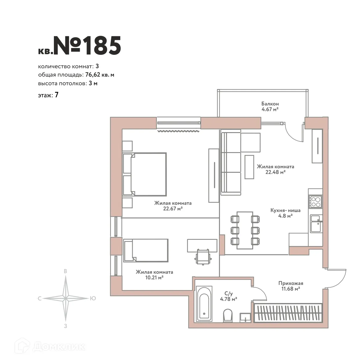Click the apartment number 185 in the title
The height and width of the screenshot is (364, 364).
(101, 46)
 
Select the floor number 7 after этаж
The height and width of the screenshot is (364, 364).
(56, 95)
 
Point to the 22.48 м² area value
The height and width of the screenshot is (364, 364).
(275, 172)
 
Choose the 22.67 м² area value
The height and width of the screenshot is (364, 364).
(173, 208)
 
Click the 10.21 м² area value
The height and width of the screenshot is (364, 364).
(154, 277)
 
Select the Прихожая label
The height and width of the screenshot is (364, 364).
(291, 283)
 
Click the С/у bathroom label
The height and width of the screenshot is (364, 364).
(228, 293)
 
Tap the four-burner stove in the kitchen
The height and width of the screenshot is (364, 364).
(315, 201)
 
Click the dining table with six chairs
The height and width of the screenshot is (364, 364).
(245, 230)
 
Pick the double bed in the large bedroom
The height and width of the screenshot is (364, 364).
(144, 174)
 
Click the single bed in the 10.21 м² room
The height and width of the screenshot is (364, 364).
(146, 250)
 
